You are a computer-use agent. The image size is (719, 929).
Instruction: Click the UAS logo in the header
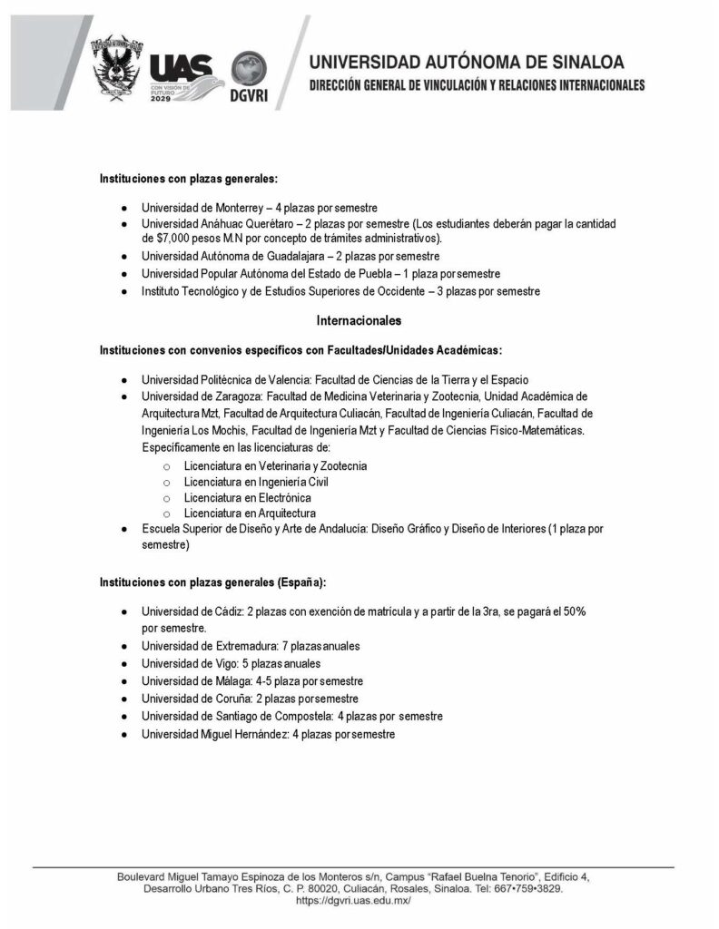click(180, 72)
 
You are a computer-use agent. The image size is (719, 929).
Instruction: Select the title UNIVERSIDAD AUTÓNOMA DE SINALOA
click(467, 63)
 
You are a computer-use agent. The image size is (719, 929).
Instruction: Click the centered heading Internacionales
click(359, 320)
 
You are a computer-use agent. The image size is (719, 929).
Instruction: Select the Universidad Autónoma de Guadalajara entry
click(264, 256)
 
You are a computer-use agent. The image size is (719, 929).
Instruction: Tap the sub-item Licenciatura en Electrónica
click(247, 498)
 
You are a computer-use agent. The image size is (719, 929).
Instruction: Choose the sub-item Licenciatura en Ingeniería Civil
click(255, 482)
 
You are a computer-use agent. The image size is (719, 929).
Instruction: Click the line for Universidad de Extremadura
click(251, 646)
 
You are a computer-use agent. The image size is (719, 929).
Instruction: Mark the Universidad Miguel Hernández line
click(268, 734)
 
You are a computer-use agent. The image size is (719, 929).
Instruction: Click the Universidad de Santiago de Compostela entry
click(291, 716)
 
